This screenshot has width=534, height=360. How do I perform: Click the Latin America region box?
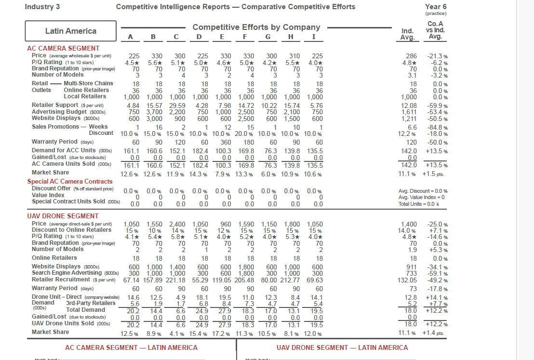tap(71, 31)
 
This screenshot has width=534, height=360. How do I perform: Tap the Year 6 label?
tap(436, 7)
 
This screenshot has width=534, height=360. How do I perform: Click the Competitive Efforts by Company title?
tap(256, 27)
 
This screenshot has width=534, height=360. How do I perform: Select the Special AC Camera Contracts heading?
tap(69, 182)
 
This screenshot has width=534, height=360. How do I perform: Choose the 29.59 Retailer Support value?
tap(176, 106)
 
